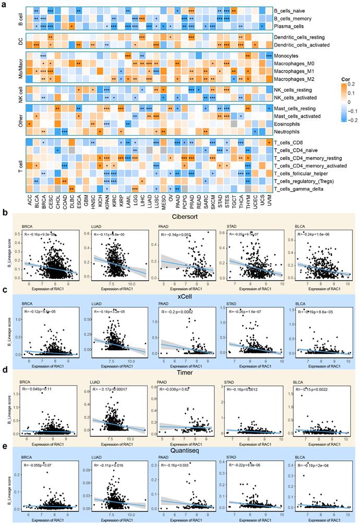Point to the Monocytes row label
[x=289, y=55]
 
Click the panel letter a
[x=4, y=4]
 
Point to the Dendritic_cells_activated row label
[x=303, y=45]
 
